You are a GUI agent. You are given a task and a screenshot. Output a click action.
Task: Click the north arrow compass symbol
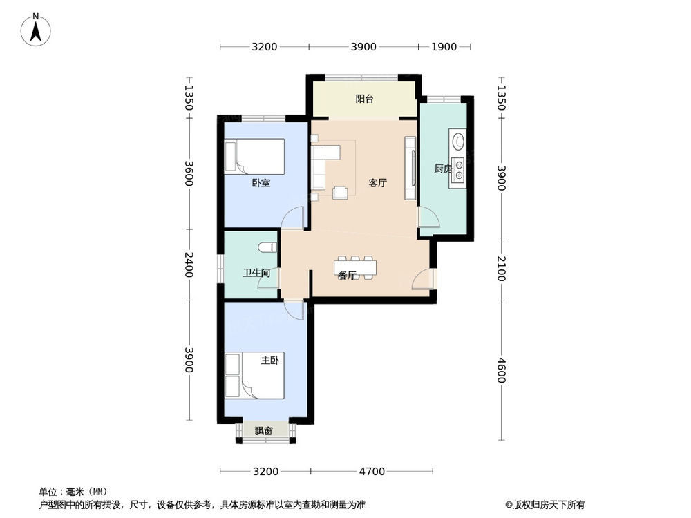(36, 30)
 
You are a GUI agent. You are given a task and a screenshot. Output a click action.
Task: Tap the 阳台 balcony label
(364, 99)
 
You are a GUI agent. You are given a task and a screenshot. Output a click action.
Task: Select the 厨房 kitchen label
(443, 169)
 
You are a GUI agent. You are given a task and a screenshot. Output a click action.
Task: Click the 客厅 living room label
(378, 183)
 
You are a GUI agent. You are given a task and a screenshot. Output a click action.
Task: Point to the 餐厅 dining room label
(348, 276)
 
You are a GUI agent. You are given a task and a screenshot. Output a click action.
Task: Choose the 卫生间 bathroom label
(256, 273)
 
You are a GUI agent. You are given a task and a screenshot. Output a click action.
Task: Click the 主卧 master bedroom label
(269, 361)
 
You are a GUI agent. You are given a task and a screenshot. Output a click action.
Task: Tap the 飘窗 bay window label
(263, 431)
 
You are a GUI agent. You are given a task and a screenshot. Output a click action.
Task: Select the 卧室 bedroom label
(261, 183)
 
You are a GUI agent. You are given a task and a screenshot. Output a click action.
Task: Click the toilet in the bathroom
(268, 247)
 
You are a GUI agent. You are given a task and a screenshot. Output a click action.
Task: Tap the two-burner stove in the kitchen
(459, 170)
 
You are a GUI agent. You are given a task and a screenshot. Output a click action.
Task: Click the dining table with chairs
(355, 267)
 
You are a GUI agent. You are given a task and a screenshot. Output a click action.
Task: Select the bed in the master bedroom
(254, 375)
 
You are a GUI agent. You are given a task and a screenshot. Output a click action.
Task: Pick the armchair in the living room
(340, 192)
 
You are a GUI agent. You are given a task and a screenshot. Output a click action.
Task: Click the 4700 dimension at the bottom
(372, 472)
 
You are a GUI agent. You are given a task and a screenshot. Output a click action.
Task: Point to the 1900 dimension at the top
(444, 47)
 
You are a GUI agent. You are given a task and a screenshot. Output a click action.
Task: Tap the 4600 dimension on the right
(502, 370)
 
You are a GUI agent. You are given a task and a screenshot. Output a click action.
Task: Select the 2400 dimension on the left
(189, 265)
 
